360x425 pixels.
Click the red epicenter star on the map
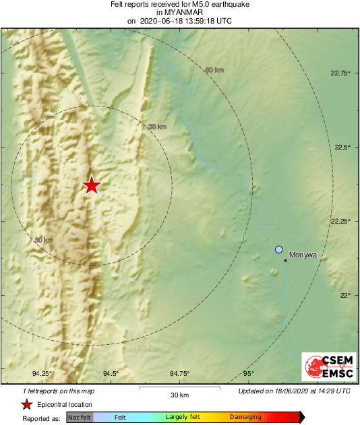(91, 185)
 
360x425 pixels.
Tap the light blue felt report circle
(279, 250)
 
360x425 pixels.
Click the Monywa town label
(303, 256)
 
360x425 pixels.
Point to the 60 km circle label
(214, 69)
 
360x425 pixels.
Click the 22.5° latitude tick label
(342, 147)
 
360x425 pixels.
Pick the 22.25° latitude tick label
(342, 221)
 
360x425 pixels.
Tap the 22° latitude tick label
(344, 295)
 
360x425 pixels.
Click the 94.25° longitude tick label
(42, 374)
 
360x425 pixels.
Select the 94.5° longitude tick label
(111, 374)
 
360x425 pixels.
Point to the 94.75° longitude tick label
(179, 374)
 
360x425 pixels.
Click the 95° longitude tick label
(249, 374)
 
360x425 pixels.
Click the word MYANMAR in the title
(179, 12)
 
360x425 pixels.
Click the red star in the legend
(26, 404)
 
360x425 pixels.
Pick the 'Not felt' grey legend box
(79, 418)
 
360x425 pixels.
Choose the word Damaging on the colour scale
(245, 418)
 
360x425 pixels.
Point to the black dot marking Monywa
(286, 260)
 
